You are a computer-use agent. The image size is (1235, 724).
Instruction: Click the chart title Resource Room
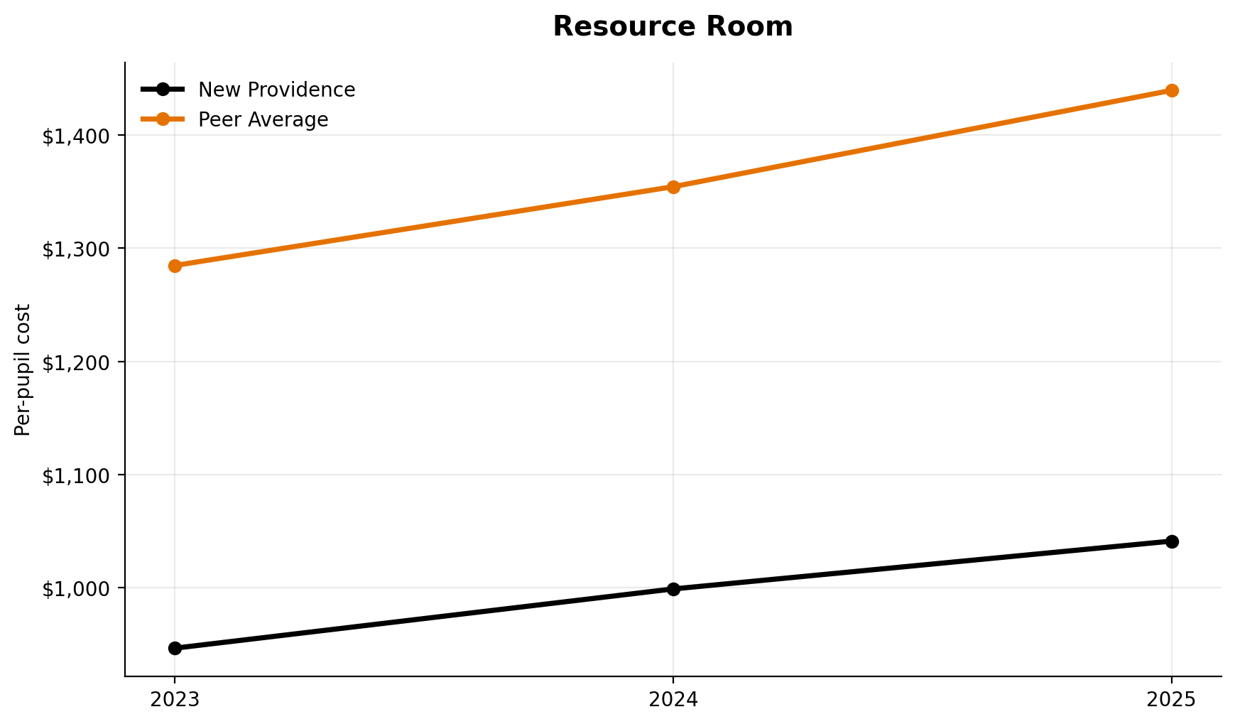click(x=672, y=27)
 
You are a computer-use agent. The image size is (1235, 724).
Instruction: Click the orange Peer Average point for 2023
click(x=175, y=266)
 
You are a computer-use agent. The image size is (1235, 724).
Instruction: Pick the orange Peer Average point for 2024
click(x=673, y=187)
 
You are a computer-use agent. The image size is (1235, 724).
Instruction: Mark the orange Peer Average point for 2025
click(x=1172, y=90)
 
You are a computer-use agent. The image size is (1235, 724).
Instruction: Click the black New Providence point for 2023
click(x=175, y=648)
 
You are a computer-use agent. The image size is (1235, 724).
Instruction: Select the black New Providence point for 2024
click(x=673, y=589)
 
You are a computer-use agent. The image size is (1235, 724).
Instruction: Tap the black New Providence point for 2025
click(x=1172, y=541)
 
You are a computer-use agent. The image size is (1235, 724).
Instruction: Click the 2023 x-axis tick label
click(x=175, y=700)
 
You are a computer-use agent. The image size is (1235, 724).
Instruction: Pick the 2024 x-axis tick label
click(x=673, y=700)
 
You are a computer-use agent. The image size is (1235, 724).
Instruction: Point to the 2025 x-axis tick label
click(x=1172, y=700)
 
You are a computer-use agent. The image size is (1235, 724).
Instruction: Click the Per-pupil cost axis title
click(x=23, y=369)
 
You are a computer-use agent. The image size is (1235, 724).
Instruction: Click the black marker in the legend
click(x=163, y=90)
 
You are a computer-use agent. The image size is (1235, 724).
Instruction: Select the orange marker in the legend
click(x=163, y=119)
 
